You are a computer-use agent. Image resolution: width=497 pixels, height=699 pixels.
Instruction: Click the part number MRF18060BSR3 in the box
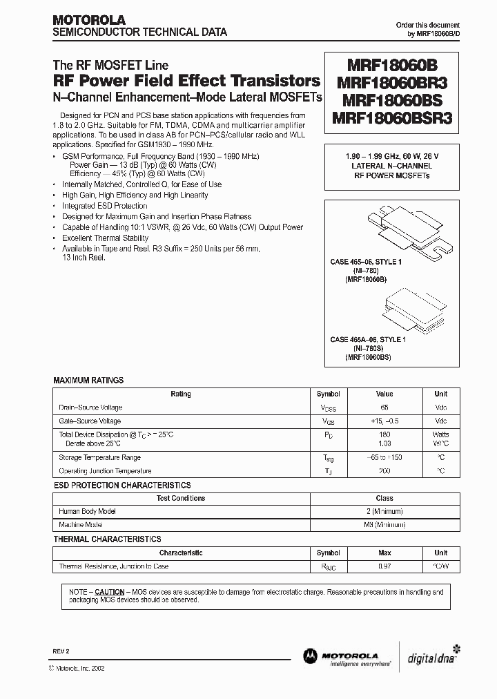392,117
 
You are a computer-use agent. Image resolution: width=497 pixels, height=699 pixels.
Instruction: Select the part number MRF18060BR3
392,82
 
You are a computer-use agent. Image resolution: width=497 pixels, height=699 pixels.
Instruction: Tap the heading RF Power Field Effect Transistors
186,80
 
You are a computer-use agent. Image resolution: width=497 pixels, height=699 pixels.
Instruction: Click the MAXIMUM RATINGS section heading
88,381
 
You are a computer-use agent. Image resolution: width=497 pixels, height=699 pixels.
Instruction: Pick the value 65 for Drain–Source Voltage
384,408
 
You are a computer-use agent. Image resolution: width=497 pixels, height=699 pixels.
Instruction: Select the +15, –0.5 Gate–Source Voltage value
384,421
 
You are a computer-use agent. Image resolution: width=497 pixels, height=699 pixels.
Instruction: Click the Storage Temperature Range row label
100,457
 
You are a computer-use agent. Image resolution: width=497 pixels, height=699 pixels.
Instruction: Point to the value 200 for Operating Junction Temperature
384,470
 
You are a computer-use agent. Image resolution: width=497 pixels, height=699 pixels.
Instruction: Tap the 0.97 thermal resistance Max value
384,566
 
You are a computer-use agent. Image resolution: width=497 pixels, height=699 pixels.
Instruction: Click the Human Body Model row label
88,511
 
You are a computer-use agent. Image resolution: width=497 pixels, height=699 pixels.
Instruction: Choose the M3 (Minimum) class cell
384,525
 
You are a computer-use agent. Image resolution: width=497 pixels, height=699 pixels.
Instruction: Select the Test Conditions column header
181,498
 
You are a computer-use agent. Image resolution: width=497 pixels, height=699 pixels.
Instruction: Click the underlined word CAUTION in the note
109,592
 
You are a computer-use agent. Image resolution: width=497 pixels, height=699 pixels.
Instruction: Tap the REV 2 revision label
61,652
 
